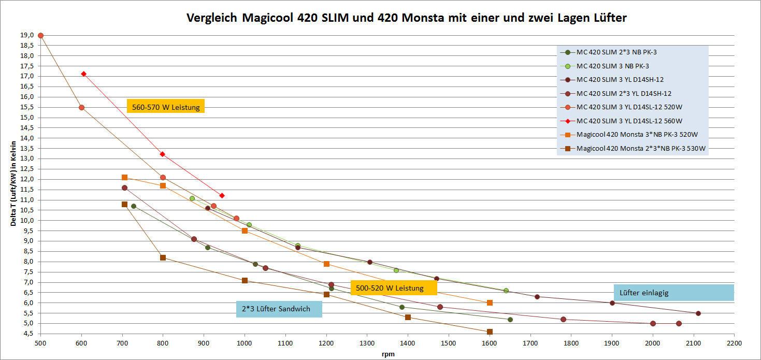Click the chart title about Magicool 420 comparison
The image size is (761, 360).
(406, 18)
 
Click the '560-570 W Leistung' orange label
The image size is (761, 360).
(166, 107)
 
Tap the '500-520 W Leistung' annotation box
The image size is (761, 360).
(393, 288)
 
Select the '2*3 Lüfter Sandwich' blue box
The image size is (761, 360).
(279, 309)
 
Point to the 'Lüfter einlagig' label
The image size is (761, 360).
(673, 293)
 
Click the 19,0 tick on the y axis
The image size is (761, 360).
(27, 35)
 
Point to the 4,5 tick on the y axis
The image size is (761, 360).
(27, 334)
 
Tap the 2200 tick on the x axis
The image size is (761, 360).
(734, 343)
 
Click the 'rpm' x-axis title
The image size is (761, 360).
(387, 354)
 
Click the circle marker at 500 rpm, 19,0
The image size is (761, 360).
(40, 36)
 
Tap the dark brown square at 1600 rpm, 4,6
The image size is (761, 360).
(490, 332)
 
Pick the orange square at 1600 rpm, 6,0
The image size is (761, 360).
(490, 303)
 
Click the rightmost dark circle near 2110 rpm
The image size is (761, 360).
(698, 313)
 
